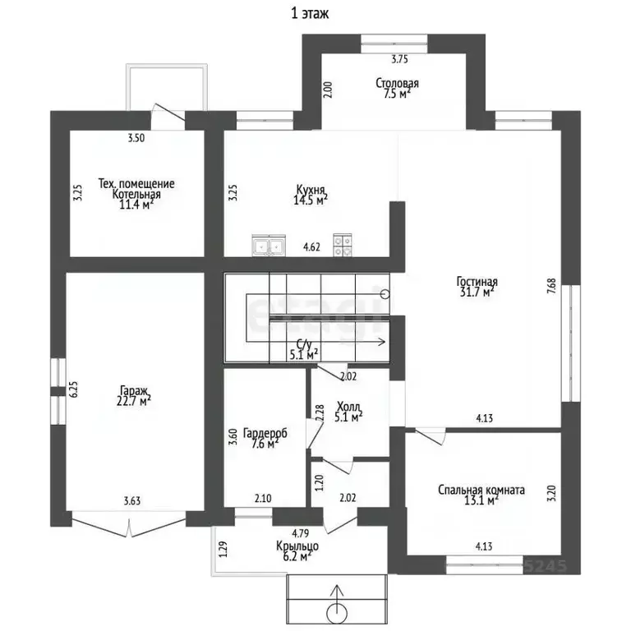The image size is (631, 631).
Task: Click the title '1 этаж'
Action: pyautogui.click(x=310, y=13)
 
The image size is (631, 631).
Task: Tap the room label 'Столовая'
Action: pyautogui.click(x=397, y=83)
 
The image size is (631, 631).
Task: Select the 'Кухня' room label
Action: pyautogui.click(x=311, y=189)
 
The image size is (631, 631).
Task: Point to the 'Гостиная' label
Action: pyautogui.click(x=477, y=281)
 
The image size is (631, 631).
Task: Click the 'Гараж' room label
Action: pyautogui.click(x=135, y=390)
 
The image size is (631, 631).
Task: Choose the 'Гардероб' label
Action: pyautogui.click(x=265, y=434)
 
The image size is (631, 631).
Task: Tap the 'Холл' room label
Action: pyautogui.click(x=348, y=406)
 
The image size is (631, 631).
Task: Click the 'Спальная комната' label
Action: pyautogui.click(x=481, y=491)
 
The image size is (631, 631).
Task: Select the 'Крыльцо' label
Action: pyautogui.click(x=297, y=546)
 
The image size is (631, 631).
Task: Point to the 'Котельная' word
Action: pyautogui.click(x=136, y=195)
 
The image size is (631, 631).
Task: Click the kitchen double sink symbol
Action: pyautogui.click(x=269, y=245)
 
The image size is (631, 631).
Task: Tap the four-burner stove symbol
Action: pyautogui.click(x=343, y=245)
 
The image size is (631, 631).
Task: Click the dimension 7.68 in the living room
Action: pyautogui.click(x=551, y=286)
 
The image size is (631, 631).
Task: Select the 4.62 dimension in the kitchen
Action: pyautogui.click(x=311, y=246)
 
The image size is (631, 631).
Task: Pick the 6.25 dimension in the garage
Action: pyautogui.click(x=74, y=389)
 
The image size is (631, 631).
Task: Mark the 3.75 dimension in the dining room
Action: pyautogui.click(x=399, y=59)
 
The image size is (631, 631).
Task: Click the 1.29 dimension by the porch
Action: pyautogui.click(x=223, y=549)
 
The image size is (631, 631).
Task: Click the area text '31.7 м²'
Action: pyautogui.click(x=477, y=292)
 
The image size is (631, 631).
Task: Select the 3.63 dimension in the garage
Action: pyautogui.click(x=132, y=501)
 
